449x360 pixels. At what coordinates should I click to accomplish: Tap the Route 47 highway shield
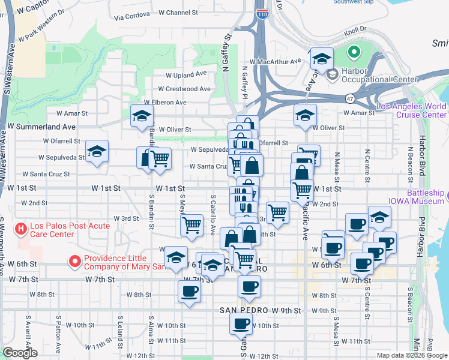click(349, 97)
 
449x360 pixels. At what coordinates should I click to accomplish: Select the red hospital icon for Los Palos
click(22, 229)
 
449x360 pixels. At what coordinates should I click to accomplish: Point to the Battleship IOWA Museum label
click(426, 197)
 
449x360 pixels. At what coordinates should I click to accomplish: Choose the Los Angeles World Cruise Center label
click(411, 110)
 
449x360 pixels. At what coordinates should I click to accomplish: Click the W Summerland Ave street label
click(42, 127)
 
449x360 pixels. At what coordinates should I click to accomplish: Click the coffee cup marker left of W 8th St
click(189, 291)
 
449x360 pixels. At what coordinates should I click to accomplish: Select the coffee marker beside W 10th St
click(241, 323)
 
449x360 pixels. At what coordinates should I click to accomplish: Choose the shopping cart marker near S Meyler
click(191, 225)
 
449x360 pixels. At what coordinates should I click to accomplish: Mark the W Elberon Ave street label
click(163, 103)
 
